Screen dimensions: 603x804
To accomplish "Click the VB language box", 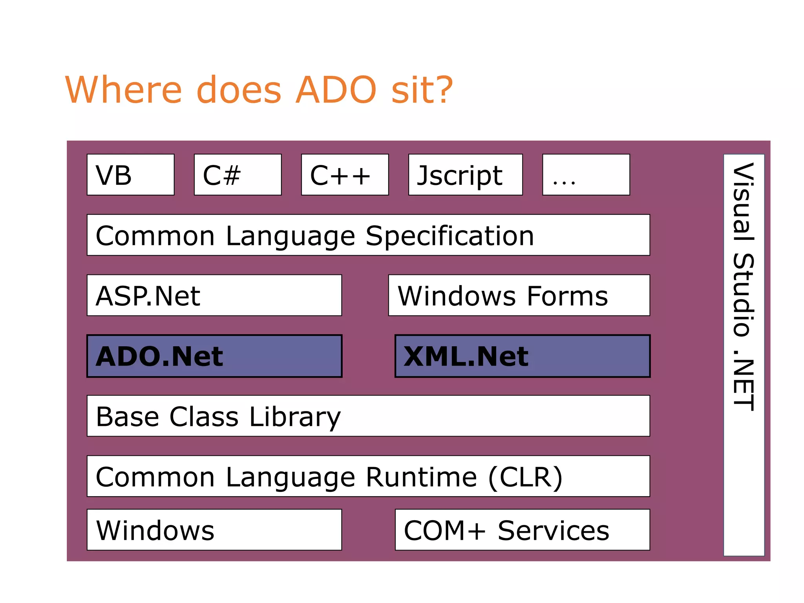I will pos(130,175).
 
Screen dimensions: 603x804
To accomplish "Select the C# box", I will pos(238,175).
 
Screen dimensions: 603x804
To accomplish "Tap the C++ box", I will pos(345,175).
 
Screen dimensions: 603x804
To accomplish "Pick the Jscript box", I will pos(465,175).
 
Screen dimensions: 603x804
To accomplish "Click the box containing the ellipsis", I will pos(586,175).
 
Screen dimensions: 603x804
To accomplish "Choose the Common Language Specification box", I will pos(368,235).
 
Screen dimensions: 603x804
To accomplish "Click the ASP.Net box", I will pos(214,295).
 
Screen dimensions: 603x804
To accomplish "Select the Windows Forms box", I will pos(519,295).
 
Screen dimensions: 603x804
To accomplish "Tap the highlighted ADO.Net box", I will pos(214,356).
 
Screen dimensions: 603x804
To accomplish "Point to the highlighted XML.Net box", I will pos(523,356).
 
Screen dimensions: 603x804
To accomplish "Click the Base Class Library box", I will pos(368,416).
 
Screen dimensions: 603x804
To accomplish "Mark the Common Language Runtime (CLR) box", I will pos(368,476).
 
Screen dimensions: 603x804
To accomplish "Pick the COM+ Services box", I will pos(523,530).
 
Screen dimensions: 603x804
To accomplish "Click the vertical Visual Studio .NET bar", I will pos(744,355).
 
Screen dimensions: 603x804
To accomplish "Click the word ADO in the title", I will pos(336,90).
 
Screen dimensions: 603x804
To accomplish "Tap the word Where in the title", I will pos(123,90).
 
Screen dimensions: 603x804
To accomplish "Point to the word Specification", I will pos(450,236).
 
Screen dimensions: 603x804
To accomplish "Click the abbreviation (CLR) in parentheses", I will pos(526,477).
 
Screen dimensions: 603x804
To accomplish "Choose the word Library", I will pos(295,417).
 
